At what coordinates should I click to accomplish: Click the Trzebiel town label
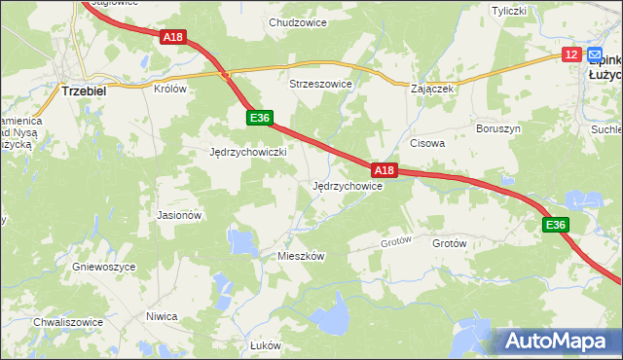[x=83, y=90]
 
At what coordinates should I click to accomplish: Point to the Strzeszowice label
[x=320, y=85]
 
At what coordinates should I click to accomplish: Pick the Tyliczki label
[x=508, y=11]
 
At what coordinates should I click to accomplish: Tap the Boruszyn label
[x=499, y=128]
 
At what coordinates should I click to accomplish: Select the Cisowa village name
[x=427, y=143]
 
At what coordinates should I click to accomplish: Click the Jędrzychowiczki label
[x=247, y=153]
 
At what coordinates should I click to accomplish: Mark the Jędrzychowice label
[x=347, y=186]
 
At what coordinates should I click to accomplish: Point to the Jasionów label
[x=179, y=215]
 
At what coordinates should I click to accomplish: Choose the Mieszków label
[x=301, y=256]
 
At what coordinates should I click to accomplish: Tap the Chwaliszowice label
[x=68, y=322]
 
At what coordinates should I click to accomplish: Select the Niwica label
[x=162, y=316]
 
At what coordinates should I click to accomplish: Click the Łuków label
[x=265, y=345]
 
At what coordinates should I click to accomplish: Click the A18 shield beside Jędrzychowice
[x=385, y=171]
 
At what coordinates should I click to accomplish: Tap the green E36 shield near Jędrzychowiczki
[x=258, y=118]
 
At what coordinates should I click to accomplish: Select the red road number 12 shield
[x=571, y=54]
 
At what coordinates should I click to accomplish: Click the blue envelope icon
[x=595, y=55]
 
